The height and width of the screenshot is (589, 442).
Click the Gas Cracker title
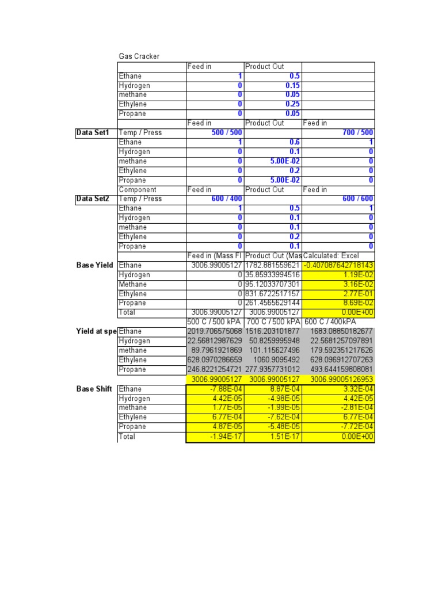point(139,56)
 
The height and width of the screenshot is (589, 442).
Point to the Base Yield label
point(94,265)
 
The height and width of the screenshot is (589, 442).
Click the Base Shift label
point(94,389)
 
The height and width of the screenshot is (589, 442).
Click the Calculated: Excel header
point(338,256)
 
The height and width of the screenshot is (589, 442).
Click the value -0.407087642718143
point(338,265)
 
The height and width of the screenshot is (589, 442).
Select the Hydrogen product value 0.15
point(291,86)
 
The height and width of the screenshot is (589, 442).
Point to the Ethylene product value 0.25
point(291,104)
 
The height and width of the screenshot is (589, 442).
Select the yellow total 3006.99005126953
point(338,379)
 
